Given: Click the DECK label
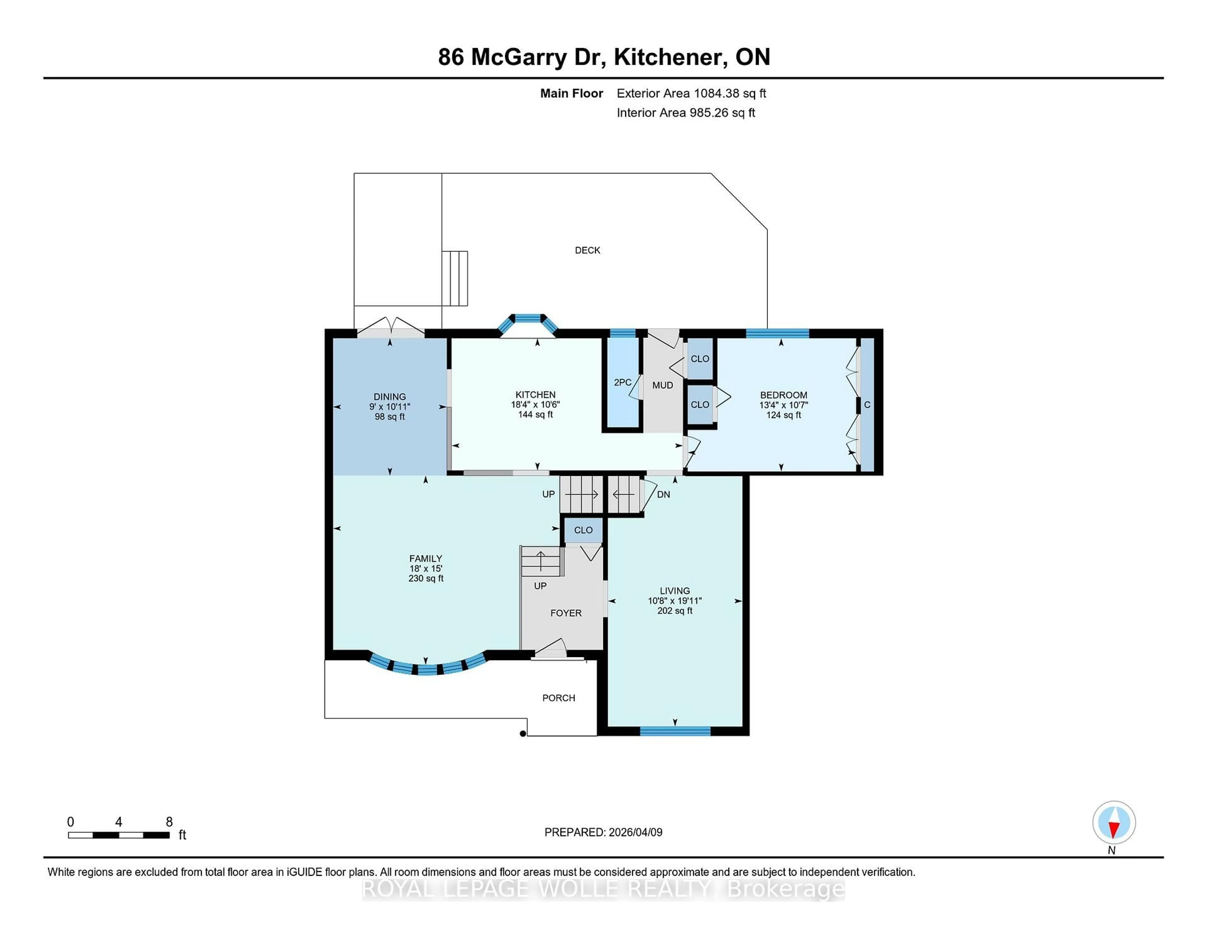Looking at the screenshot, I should [x=587, y=251].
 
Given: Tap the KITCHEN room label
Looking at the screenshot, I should [x=535, y=395].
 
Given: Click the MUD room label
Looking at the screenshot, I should [x=662, y=385].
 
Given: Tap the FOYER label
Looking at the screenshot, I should [x=565, y=613].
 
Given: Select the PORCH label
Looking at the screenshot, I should [x=558, y=698].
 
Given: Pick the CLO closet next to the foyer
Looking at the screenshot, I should [x=583, y=530].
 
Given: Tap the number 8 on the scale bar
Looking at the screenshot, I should [x=169, y=822].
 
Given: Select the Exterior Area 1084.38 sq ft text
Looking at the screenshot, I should [x=691, y=93].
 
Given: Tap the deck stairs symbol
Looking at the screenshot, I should [x=455, y=278].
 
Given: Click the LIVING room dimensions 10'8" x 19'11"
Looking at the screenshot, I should [x=674, y=601].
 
